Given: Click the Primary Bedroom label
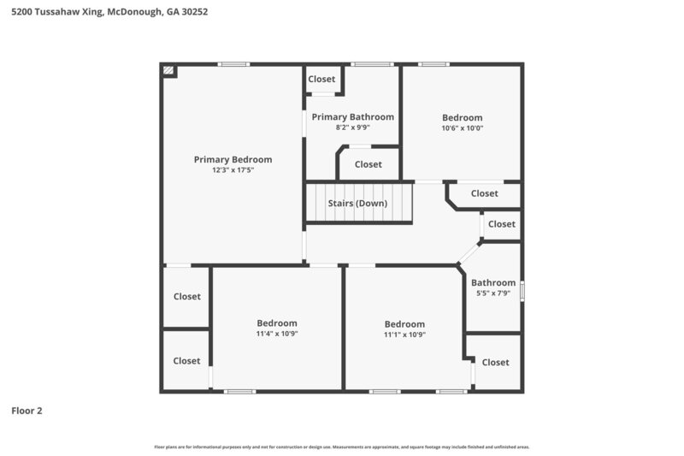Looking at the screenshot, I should pyautogui.click(x=233, y=159).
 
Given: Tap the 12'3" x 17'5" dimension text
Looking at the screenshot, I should pyautogui.click(x=233, y=170).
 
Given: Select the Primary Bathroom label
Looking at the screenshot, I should pyautogui.click(x=352, y=116).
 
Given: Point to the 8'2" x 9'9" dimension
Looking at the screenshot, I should pyautogui.click(x=352, y=127).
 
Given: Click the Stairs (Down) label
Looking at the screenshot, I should pyautogui.click(x=357, y=204).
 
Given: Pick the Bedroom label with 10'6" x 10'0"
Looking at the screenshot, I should pyautogui.click(x=462, y=117).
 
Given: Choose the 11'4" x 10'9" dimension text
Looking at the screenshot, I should pyautogui.click(x=277, y=334).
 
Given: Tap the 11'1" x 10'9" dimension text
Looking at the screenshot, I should pyautogui.click(x=404, y=335).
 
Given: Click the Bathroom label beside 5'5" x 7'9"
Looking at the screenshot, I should pyautogui.click(x=493, y=282).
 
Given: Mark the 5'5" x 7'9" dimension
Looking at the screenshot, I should pyautogui.click(x=493, y=293).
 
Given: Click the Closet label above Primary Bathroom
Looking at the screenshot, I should pyautogui.click(x=321, y=80).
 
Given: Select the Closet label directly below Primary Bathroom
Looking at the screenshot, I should pyautogui.click(x=368, y=164).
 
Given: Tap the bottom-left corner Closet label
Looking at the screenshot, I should pyautogui.click(x=186, y=361).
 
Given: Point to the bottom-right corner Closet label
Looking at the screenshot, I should pyautogui.click(x=495, y=363).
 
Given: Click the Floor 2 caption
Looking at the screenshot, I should pyautogui.click(x=27, y=411).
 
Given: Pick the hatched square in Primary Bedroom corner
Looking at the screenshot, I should pyautogui.click(x=169, y=70).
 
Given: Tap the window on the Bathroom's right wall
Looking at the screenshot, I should pyautogui.click(x=522, y=290).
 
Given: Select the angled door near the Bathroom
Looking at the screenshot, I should pyautogui.click(x=469, y=253).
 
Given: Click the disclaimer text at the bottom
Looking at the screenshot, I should pyautogui.click(x=342, y=447).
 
